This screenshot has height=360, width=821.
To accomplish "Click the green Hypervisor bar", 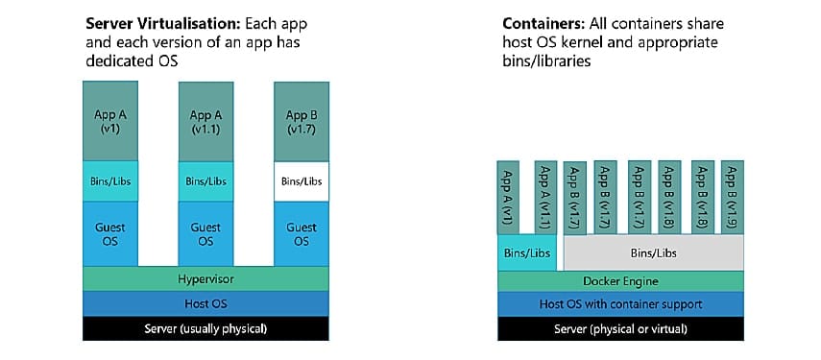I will [206, 278].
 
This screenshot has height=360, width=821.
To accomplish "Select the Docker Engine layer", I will [619, 281].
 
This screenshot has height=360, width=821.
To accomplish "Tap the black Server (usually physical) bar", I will [206, 328].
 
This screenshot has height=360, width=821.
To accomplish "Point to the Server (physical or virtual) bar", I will [619, 329].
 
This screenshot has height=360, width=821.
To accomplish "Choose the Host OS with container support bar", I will [619, 304].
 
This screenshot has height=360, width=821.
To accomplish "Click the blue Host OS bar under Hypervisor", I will [206, 303].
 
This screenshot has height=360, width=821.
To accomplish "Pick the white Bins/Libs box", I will [302, 180].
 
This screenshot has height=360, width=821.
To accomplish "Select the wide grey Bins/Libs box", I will [653, 253].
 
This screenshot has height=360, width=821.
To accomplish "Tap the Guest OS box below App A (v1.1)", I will [205, 233].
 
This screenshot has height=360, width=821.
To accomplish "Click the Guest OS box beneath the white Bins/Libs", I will [302, 233].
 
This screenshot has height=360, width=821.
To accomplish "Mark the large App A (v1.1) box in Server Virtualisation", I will [205, 121].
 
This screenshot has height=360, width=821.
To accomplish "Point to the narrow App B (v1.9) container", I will [732, 196].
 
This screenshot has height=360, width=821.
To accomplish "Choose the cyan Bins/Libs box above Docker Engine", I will [527, 253].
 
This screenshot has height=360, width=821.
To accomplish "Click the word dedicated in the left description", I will [118, 60].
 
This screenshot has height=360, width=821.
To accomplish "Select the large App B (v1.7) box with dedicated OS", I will [302, 121].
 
